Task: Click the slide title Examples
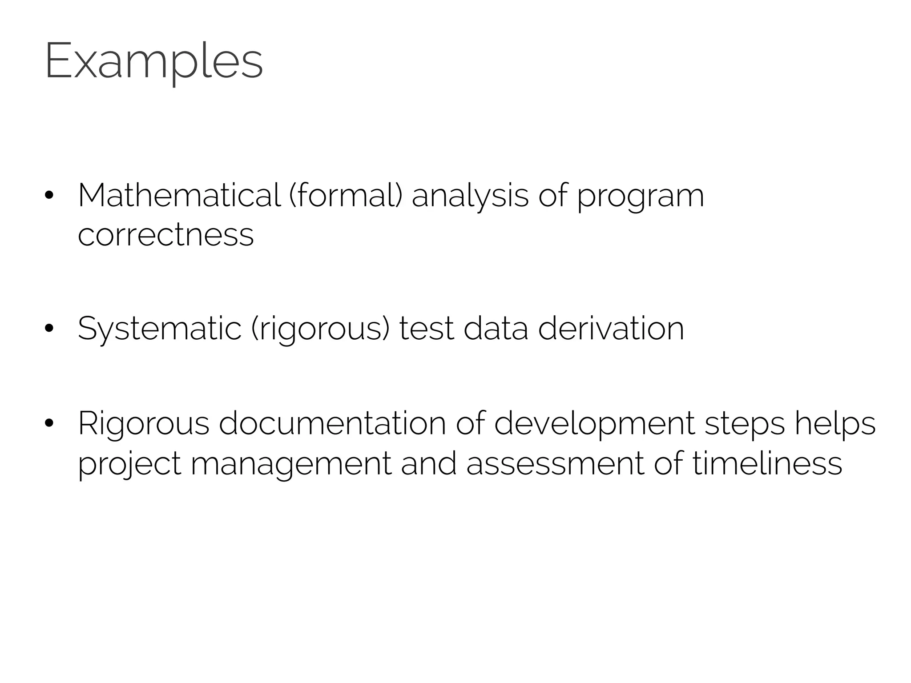[x=154, y=61]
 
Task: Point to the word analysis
[x=470, y=196]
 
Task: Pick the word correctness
[x=165, y=235]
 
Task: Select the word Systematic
[x=159, y=329]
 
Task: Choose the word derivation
[x=611, y=329]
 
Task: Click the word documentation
[x=332, y=423]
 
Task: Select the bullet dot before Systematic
[x=49, y=329]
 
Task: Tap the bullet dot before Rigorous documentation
[x=49, y=423]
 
